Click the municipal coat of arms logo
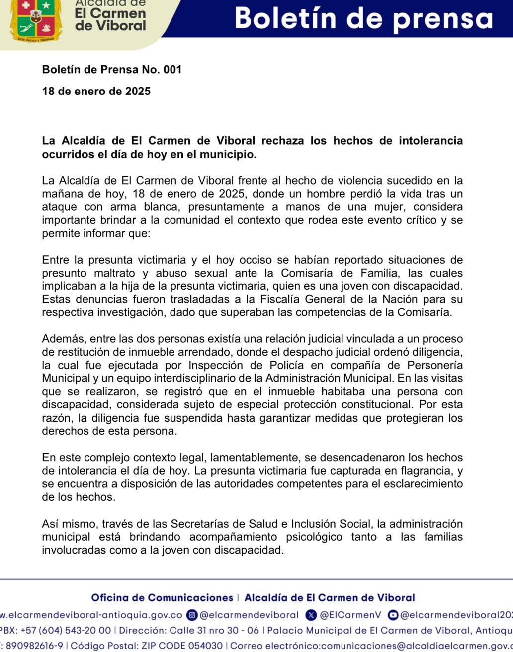click(36, 20)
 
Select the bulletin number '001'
click(172, 70)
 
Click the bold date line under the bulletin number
click(96, 92)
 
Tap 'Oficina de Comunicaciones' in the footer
click(162, 598)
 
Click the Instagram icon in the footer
click(192, 615)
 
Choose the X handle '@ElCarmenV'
click(350, 615)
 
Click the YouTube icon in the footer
click(393, 615)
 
